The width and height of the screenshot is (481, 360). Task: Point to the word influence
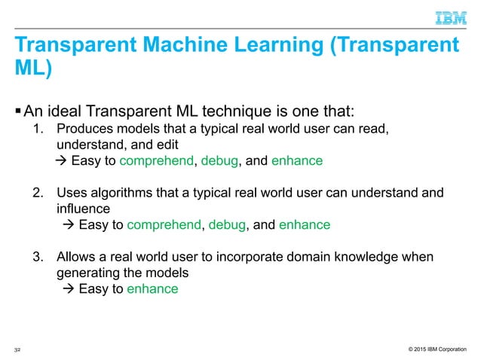(x=83, y=207)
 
